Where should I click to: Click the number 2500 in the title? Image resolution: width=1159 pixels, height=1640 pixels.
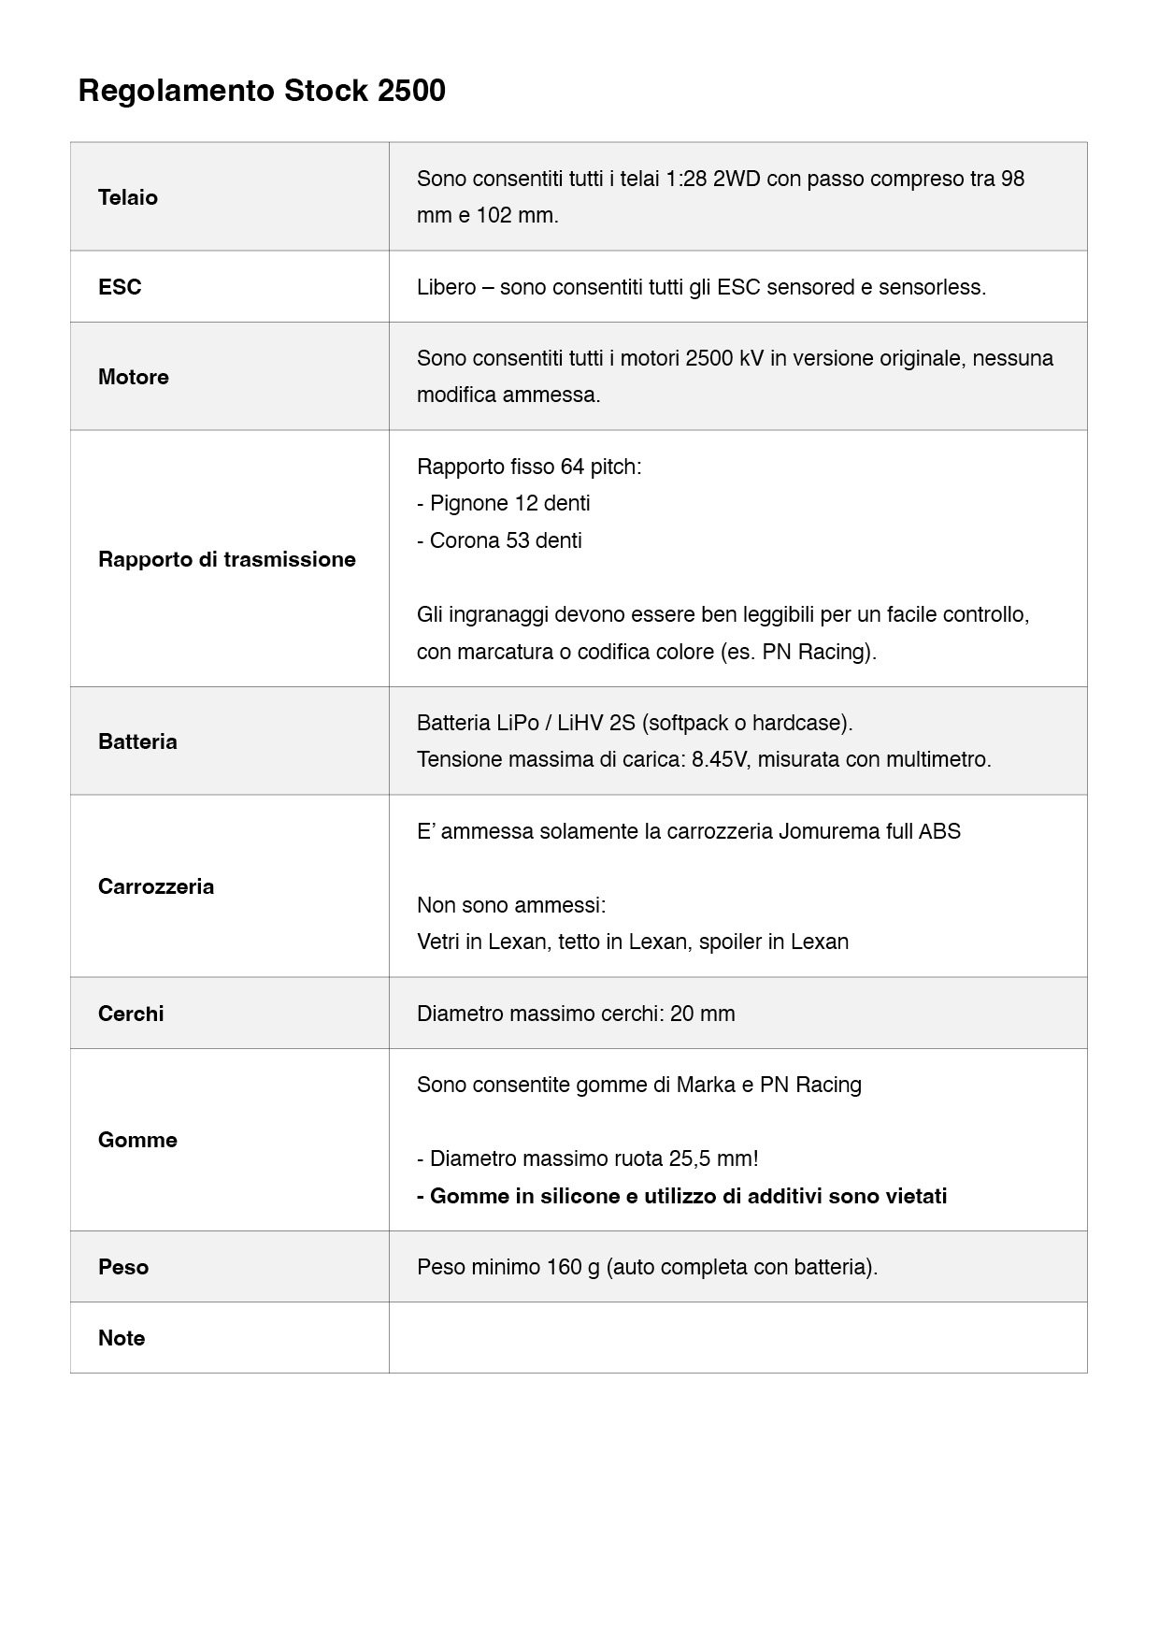pyautogui.click(x=411, y=91)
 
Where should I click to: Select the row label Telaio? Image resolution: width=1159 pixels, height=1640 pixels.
pyautogui.click(x=128, y=197)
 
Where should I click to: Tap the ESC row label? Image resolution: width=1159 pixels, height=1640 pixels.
pyautogui.click(x=120, y=287)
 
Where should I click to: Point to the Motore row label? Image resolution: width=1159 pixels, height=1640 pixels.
pyautogui.click(x=134, y=377)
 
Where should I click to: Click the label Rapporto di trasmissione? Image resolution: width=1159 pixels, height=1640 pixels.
pyautogui.click(x=227, y=559)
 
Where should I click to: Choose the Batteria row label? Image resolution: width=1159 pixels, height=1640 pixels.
pyautogui.click(x=137, y=741)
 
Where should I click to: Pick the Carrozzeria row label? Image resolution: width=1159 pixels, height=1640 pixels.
pyautogui.click(x=156, y=886)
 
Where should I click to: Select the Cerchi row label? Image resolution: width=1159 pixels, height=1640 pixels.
pyautogui.click(x=131, y=1014)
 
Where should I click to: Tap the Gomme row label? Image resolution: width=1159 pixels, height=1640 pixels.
pyautogui.click(x=137, y=1140)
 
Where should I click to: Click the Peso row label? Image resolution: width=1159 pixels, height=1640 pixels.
pyautogui.click(x=123, y=1267)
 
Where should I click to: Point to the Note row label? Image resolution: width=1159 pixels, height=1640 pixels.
pyautogui.click(x=122, y=1338)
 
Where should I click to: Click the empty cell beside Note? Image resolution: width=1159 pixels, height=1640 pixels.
pyautogui.click(x=737, y=1338)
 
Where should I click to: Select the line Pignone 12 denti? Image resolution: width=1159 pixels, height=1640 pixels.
pyautogui.click(x=504, y=503)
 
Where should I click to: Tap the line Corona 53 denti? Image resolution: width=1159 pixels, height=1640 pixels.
pyautogui.click(x=500, y=540)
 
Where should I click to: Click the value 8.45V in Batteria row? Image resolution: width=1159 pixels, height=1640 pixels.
pyautogui.click(x=720, y=759)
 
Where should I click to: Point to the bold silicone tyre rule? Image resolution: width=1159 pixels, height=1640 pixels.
pyautogui.click(x=682, y=1196)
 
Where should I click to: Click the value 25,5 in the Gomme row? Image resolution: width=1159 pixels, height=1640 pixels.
pyautogui.click(x=689, y=1158)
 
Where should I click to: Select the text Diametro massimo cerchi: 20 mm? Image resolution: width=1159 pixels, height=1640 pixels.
pyautogui.click(x=576, y=1014)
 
